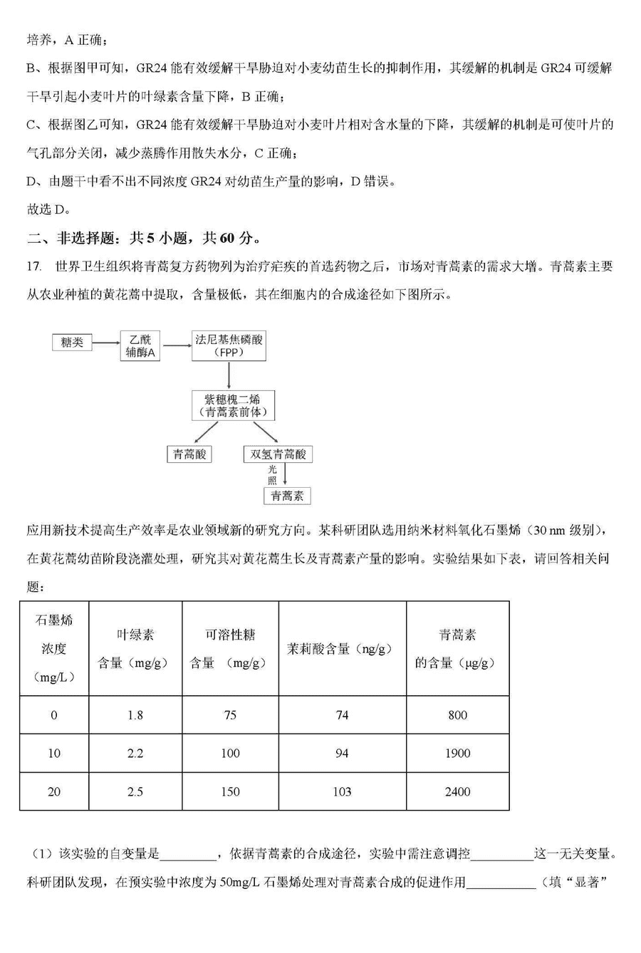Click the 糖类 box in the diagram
pyautogui.click(x=72, y=343)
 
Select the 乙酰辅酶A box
pyautogui.click(x=141, y=345)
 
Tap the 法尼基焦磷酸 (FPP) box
pyautogui.click(x=229, y=345)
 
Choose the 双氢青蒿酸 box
pyautogui.click(x=278, y=454)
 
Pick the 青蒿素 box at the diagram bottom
pyautogui.click(x=287, y=496)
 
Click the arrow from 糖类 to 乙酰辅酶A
pyautogui.click(x=106, y=343)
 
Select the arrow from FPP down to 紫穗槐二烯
pyautogui.click(x=229, y=375)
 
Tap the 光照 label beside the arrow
pyautogui.click(x=272, y=475)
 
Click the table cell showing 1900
pyautogui.click(x=457, y=753)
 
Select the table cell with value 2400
pyautogui.click(x=457, y=791)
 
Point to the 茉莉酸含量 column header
pyautogui.click(x=341, y=649)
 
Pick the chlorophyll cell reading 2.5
pyautogui.click(x=135, y=791)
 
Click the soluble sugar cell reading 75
pyautogui.click(x=229, y=714)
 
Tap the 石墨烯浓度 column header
pyautogui.click(x=54, y=648)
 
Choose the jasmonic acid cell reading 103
pyautogui.click(x=341, y=791)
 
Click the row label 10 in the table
pyautogui.click(x=54, y=753)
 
